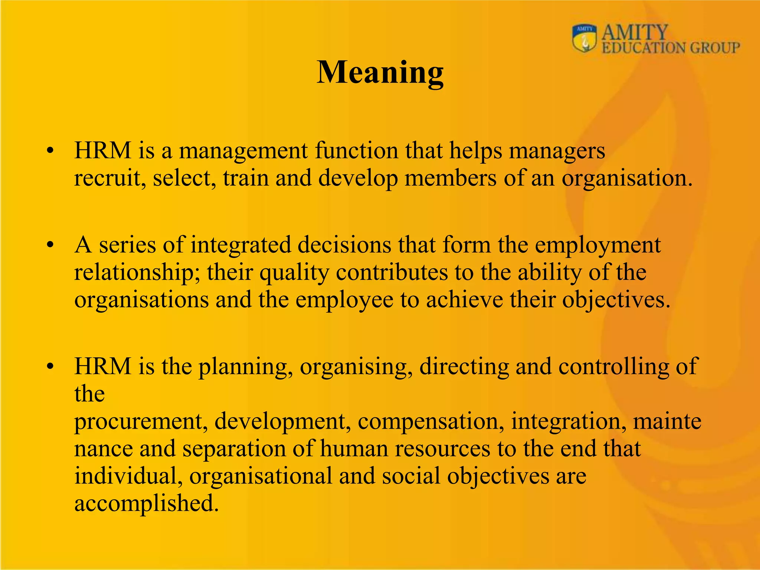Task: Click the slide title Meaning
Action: (380, 73)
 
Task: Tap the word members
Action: (450, 178)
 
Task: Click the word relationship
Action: (136, 273)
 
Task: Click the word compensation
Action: (431, 422)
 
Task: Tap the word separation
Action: (234, 449)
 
